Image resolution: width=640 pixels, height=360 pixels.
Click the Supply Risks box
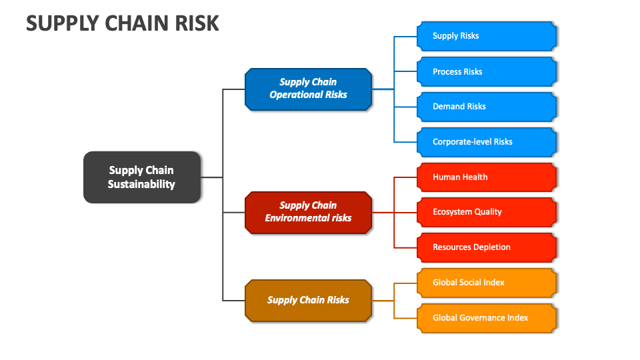coord(487,36)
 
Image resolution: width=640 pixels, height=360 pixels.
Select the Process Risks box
coord(487,71)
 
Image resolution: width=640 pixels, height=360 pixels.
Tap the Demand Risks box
coord(487,107)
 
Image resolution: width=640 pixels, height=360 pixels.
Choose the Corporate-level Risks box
coord(487,142)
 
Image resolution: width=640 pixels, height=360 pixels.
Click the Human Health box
coord(487,177)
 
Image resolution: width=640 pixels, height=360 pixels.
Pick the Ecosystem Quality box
coord(487,212)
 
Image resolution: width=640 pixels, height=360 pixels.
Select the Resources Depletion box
coord(487,247)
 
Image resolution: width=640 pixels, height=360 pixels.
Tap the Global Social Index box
coord(487,283)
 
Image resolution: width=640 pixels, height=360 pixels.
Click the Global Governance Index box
coord(487,318)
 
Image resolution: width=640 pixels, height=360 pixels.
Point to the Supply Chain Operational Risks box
coord(308,89)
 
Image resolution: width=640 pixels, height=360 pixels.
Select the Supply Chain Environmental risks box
coord(308,212)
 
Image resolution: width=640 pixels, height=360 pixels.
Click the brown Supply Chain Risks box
coord(308,300)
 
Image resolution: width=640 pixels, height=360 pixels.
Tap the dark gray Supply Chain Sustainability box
coord(141,177)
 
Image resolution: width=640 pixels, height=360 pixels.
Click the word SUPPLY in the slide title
coord(59,23)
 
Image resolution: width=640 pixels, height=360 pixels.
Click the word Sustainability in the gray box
coord(141,185)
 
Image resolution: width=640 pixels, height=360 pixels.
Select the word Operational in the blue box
coord(293,95)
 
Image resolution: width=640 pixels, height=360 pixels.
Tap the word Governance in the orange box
coord(483,318)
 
